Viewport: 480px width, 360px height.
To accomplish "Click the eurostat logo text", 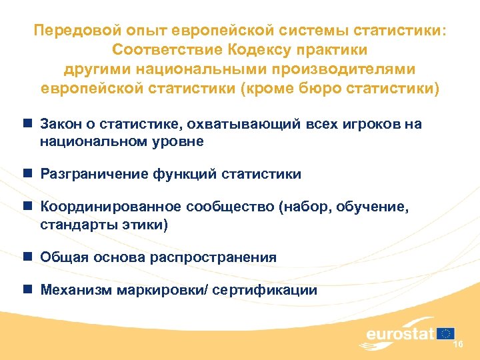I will coord(399,333).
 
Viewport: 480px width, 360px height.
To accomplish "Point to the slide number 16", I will coord(458,344).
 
